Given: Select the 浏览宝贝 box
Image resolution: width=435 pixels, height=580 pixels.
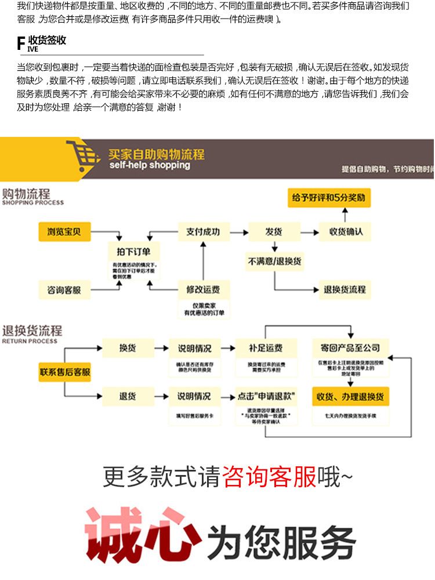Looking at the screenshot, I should pyautogui.click(x=64, y=232).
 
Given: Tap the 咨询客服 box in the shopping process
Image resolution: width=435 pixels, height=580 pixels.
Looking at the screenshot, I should pyautogui.click(x=64, y=290).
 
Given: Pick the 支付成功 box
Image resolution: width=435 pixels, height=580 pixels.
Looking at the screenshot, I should pyautogui.click(x=203, y=232).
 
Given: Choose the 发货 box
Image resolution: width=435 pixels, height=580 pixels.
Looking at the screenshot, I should pyautogui.click(x=274, y=232).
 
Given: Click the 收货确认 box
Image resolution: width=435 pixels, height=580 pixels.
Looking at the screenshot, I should pyautogui.click(x=346, y=232).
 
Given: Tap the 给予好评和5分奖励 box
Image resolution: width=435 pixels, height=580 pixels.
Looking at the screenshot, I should pyautogui.click(x=329, y=198).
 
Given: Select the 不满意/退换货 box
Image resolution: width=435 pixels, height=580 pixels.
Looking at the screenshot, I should pyautogui.click(x=274, y=262).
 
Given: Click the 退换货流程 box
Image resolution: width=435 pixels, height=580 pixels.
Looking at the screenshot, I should pyautogui.click(x=345, y=290).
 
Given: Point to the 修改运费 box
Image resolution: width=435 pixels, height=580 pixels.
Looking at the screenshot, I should pyautogui.click(x=203, y=289).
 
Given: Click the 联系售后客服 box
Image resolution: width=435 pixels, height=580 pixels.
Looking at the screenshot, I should pyautogui.click(x=65, y=372).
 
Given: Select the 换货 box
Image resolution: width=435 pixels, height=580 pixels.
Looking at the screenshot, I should pyautogui.click(x=127, y=348).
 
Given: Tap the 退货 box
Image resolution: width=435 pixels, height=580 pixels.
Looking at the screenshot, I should pyautogui.click(x=127, y=397).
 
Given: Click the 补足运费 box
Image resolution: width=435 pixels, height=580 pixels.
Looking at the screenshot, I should pyautogui.click(x=266, y=349).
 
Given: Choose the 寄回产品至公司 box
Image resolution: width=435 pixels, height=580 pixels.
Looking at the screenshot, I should pyautogui.click(x=350, y=348).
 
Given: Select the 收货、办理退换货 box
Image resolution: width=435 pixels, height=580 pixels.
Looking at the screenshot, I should pyautogui.click(x=351, y=397).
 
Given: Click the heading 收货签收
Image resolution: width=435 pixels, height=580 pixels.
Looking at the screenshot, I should pyautogui.click(x=48, y=41).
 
